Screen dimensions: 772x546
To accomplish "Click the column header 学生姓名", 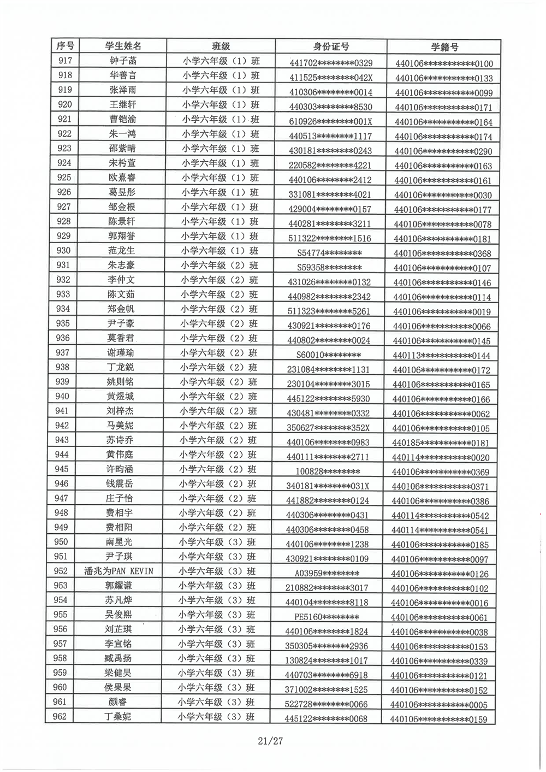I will (x=123, y=46).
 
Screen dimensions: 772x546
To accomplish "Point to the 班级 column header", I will (x=221, y=46).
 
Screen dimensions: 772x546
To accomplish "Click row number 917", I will (x=65, y=61).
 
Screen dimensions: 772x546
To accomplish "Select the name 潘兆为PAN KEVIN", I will (x=118, y=571).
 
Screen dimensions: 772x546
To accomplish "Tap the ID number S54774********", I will (x=329, y=253).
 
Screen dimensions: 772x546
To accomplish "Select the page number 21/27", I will (x=271, y=741).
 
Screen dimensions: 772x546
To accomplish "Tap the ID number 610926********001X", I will (x=330, y=122).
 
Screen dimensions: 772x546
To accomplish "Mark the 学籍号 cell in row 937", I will (x=441, y=356).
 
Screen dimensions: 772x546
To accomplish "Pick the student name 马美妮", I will (x=120, y=425).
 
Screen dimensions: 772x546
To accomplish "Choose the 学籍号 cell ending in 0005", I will (x=440, y=705).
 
